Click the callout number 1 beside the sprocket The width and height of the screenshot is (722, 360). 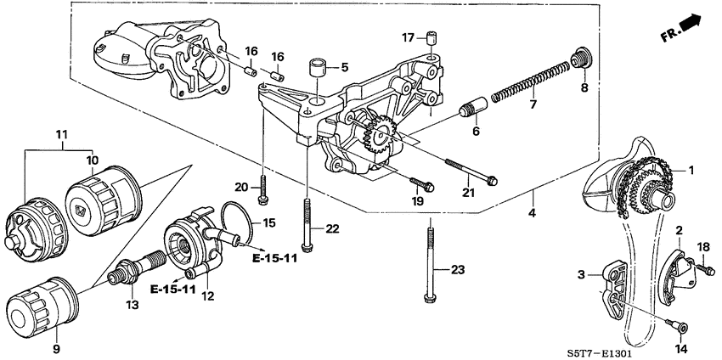tap(691, 170)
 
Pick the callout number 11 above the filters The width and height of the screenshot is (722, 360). tap(60, 135)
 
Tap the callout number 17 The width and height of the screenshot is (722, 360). tap(408, 37)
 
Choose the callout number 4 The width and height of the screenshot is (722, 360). tap(533, 212)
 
